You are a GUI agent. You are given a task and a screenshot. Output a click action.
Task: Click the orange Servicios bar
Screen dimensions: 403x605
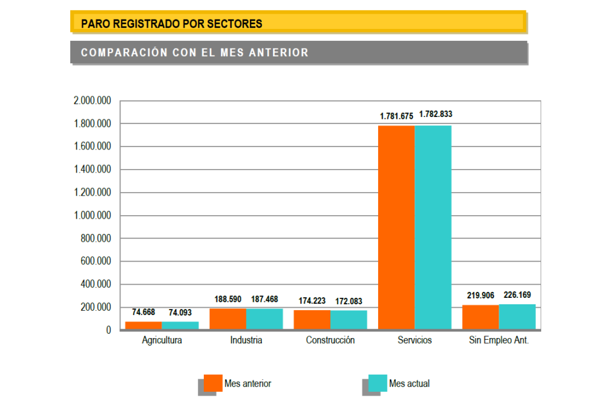coord(396,227)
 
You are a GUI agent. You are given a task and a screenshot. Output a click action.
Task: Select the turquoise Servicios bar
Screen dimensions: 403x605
coord(433,227)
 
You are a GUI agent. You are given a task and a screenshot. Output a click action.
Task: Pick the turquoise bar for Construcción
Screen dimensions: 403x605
coord(349,320)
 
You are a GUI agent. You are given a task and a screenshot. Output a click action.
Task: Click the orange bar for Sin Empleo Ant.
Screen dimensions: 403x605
coord(480,317)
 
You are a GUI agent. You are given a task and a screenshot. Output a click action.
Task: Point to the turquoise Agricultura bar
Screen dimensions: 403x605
coord(180,326)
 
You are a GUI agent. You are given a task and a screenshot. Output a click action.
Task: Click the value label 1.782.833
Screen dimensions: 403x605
coord(435,115)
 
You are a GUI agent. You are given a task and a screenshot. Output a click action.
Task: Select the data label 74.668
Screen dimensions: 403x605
coord(144,312)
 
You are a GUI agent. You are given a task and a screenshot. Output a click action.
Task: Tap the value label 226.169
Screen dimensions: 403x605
coord(517,294)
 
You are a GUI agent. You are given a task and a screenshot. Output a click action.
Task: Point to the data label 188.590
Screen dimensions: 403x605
coord(229,299)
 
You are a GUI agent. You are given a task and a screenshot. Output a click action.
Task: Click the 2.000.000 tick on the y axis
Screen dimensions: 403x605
coord(92,101)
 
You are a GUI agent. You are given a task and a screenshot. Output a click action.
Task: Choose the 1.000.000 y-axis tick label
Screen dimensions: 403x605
coord(92,216)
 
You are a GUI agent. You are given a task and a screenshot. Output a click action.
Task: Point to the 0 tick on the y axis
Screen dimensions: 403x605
coord(108,330)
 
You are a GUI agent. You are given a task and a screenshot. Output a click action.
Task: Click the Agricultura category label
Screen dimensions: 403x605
coord(162,340)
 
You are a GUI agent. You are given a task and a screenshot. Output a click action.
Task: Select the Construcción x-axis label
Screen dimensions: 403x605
coord(330,340)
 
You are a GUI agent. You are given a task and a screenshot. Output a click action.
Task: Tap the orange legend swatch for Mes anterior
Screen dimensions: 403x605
coord(213,383)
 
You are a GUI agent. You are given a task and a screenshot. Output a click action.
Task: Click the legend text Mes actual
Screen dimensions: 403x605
coord(409,383)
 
